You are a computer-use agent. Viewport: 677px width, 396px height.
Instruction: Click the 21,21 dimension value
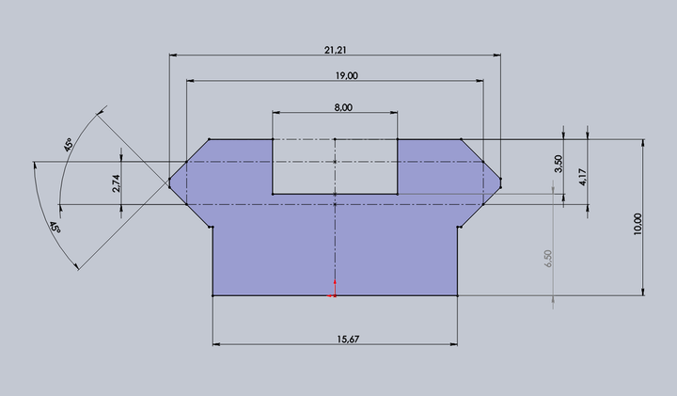[x=335, y=50]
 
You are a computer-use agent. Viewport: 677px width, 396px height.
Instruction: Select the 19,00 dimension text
[x=346, y=76]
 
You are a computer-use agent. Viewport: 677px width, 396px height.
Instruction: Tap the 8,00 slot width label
[x=343, y=107]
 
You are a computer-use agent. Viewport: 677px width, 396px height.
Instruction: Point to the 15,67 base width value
[x=348, y=340]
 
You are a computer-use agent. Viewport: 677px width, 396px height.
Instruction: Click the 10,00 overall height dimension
[x=638, y=224]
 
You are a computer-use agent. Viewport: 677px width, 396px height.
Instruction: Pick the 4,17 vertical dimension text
[x=582, y=177]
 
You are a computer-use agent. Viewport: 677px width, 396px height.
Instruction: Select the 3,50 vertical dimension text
[x=559, y=164]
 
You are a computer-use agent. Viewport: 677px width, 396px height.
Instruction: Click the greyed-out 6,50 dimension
[x=548, y=259]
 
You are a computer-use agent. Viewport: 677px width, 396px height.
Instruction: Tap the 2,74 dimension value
[x=117, y=183]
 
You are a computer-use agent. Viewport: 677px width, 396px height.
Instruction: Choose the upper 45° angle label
[x=69, y=145]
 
